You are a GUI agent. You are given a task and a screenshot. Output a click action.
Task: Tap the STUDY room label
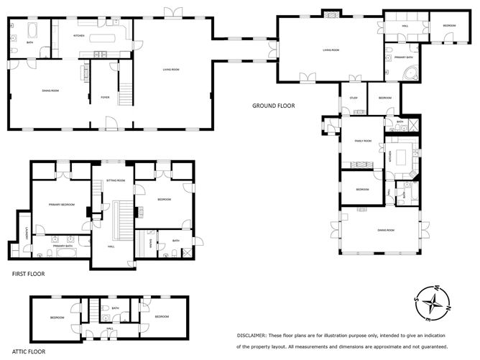click(x=354, y=98)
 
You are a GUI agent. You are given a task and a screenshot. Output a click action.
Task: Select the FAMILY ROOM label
click(x=363, y=141)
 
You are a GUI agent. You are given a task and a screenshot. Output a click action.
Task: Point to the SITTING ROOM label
click(x=116, y=180)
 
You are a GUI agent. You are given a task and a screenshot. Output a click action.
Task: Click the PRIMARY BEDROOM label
click(x=63, y=205)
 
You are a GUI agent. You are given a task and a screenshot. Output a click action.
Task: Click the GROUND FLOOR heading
click(x=273, y=106)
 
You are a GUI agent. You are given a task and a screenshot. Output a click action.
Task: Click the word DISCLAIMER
click(x=251, y=336)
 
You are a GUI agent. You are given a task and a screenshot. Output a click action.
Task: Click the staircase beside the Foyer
click(x=126, y=94)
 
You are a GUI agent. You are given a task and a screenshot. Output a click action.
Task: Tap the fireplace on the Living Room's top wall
click(x=331, y=14)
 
